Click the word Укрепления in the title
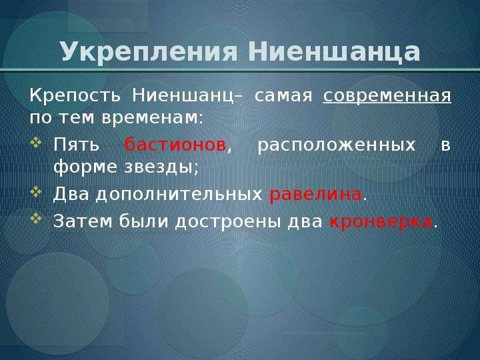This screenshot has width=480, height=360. click(149, 52)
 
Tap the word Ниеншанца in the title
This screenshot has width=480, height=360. click(334, 51)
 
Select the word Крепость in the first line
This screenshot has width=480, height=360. click(75, 96)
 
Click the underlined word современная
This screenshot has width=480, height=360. click(387, 96)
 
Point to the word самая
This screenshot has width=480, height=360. click(283, 96)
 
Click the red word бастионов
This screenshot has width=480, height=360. click(175, 144)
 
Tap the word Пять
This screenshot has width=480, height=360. click(77, 145)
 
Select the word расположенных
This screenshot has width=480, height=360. click(337, 145)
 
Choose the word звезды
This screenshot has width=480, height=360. click(161, 167)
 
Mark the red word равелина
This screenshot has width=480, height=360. click(315, 195)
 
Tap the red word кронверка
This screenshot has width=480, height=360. click(381, 221)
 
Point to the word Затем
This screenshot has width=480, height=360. click(83, 221)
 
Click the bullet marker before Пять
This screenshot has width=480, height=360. click(36, 143)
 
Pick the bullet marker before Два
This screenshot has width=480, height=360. click(36, 191)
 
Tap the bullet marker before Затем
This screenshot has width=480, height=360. click(36, 219)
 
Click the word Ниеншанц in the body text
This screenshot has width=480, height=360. click(184, 96)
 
